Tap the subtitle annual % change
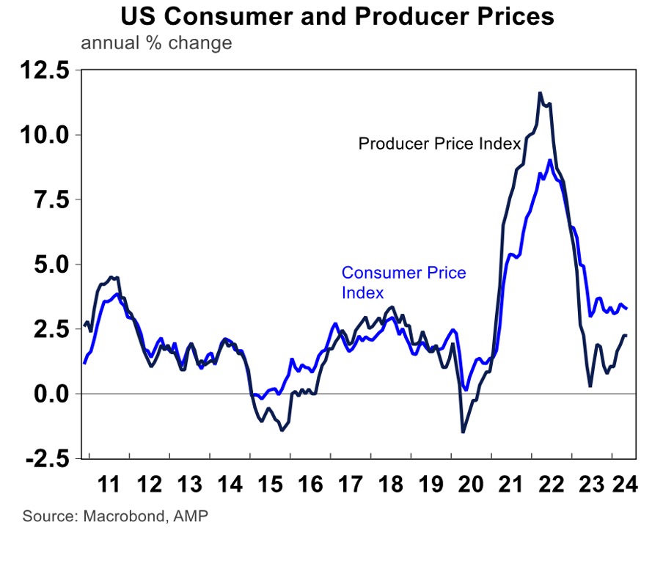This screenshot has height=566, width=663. [156, 43]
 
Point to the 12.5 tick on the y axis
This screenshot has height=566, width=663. [44, 71]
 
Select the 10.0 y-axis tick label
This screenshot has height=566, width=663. [44, 135]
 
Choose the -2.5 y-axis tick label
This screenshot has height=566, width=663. [44, 458]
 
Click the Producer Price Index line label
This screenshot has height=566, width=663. [439, 144]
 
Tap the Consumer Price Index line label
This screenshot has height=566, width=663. [403, 282]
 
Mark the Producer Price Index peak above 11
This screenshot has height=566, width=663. [540, 93]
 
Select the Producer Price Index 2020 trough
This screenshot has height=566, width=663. [463, 432]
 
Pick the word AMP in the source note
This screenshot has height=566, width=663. [191, 516]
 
